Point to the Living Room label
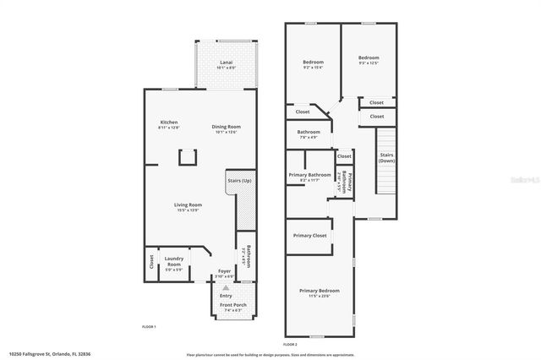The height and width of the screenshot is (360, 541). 189,205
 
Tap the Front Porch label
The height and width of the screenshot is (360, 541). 232,307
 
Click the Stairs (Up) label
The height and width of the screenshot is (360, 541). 240,181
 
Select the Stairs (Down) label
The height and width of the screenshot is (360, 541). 386,157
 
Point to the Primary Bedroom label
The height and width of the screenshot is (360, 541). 319,292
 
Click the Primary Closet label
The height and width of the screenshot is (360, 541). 309,235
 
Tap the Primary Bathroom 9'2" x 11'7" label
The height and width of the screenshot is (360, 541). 309,177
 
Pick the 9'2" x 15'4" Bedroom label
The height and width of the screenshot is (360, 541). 314,64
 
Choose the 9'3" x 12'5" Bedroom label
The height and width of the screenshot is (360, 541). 368,60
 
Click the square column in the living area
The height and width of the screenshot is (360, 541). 188,157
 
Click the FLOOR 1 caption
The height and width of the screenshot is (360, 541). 149,326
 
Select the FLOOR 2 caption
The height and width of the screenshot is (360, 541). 290,345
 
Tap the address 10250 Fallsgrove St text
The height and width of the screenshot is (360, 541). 46,354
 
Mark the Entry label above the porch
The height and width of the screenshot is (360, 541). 226,296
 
